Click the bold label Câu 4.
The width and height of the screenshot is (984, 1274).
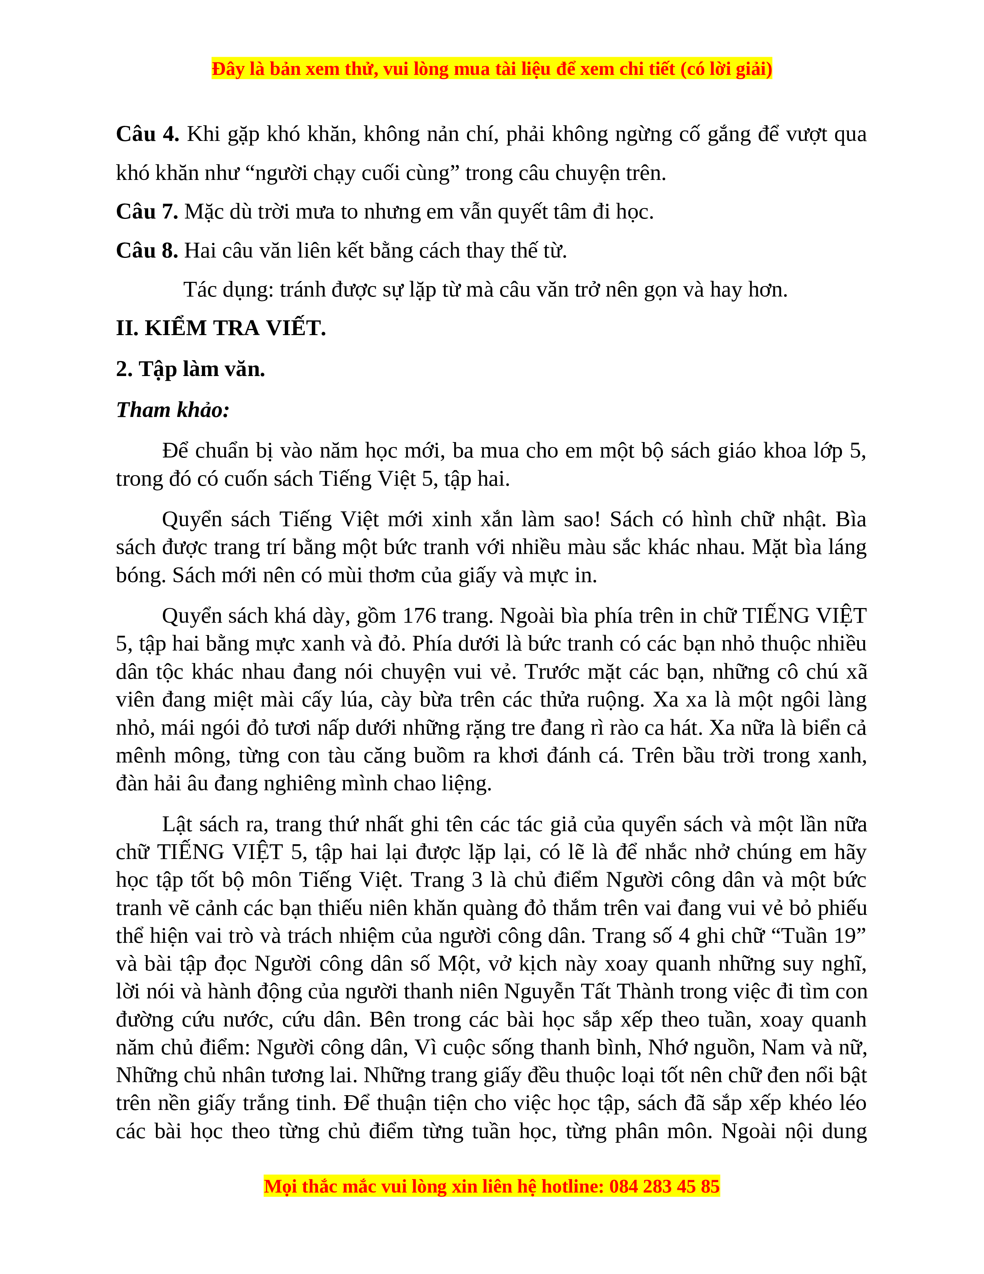click(147, 135)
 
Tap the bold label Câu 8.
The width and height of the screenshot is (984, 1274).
click(147, 251)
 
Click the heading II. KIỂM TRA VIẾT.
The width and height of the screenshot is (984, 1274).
click(221, 329)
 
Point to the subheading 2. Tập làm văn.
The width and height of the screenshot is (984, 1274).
click(191, 369)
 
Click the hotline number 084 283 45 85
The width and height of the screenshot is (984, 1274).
click(664, 1186)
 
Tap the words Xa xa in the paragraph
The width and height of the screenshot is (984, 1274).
click(676, 700)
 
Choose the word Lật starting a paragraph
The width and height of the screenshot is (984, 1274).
click(177, 825)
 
